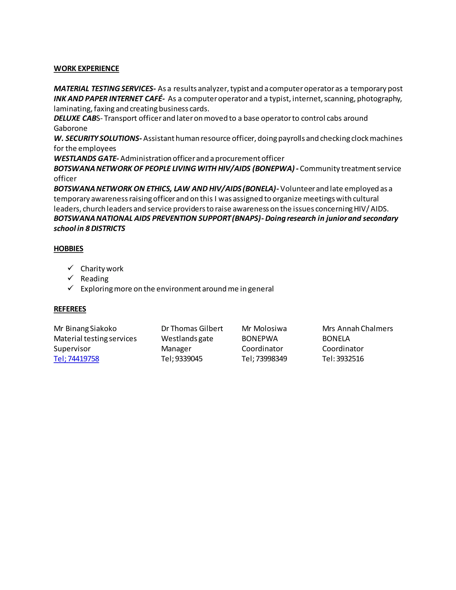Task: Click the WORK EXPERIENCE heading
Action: click(x=86, y=69)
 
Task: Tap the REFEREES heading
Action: click(x=70, y=309)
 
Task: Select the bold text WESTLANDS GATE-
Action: click(x=86, y=159)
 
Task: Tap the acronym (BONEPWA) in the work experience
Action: click(x=273, y=169)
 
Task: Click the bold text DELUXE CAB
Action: click(x=75, y=118)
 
